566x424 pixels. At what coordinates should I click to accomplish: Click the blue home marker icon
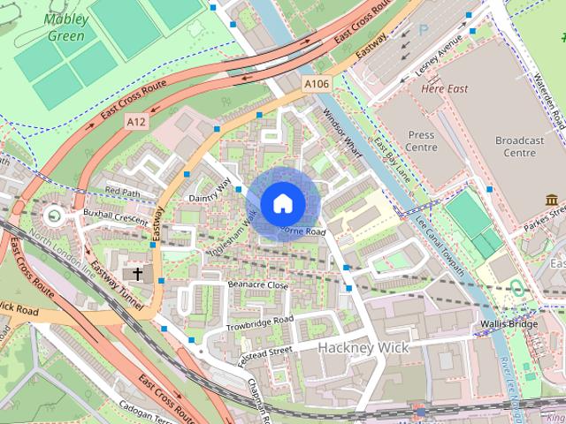click(282, 204)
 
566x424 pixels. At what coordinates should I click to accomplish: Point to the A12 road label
click(135, 121)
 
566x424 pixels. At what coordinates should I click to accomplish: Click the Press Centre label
click(422, 141)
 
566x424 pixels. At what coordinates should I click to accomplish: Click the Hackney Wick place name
click(363, 348)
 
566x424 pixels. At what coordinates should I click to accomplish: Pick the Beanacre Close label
click(258, 285)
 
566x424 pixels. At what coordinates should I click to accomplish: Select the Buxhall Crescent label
click(111, 214)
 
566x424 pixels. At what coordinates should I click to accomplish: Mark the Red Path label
click(123, 191)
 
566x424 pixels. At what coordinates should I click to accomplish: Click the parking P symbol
click(423, 29)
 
